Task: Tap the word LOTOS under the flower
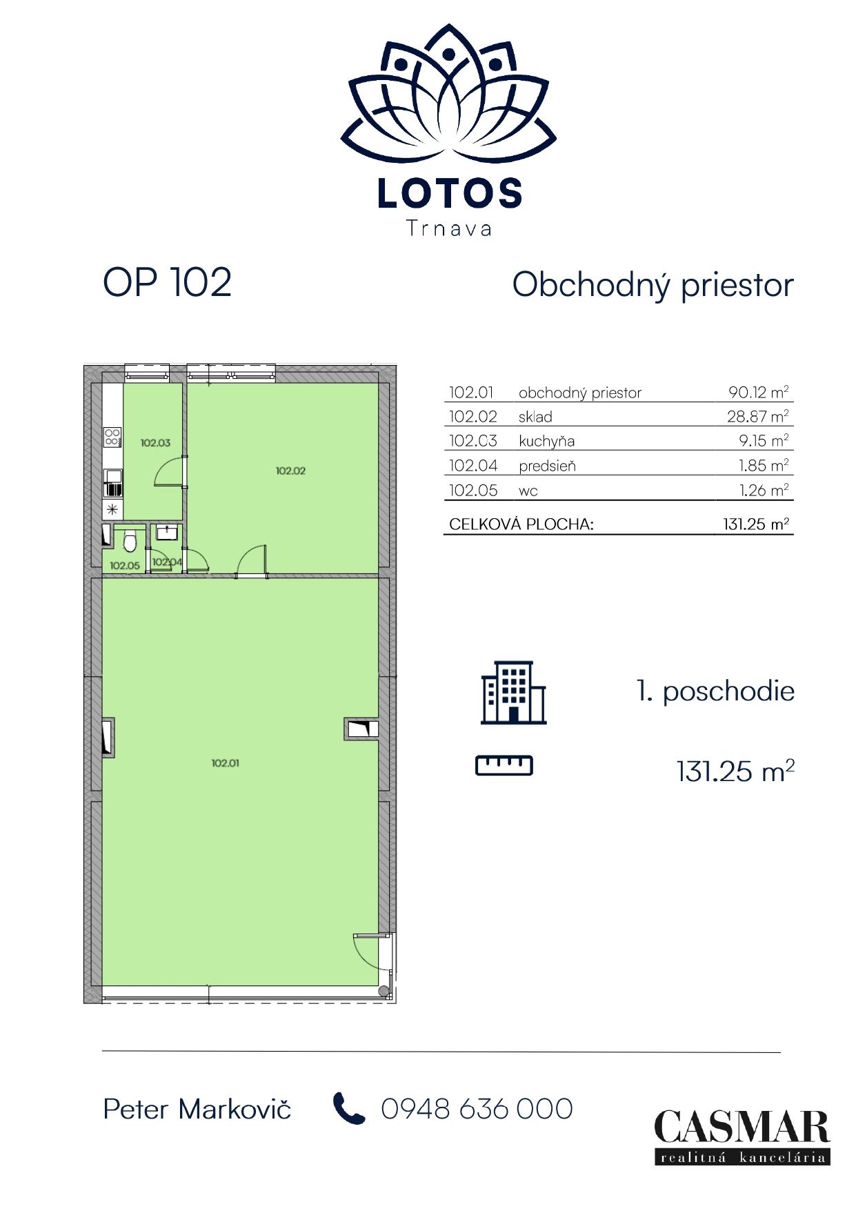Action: coord(450,194)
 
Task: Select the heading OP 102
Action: coord(168,282)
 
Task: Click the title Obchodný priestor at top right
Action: coord(653,284)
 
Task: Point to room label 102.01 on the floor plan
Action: coord(225,763)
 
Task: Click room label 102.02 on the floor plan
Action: coord(290,471)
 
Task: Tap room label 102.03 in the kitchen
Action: coord(155,442)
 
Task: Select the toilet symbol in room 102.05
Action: coord(130,542)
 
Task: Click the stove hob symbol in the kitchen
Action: coord(112,437)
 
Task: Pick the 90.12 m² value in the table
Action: coord(759,393)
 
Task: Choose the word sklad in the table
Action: coord(535,417)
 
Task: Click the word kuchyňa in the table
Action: coord(546,442)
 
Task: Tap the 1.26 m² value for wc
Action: coord(764,491)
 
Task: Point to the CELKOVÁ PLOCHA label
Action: coord(521,524)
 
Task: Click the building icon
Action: coord(513,692)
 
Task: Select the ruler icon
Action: coord(504,766)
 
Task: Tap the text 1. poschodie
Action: coord(715,691)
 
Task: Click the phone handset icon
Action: coord(349,1108)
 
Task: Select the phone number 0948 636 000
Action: coord(477,1109)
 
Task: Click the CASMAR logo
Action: coord(742,1136)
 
